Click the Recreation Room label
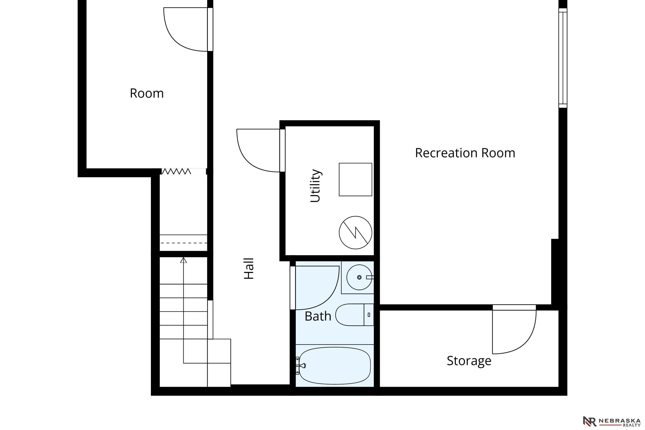coord(465,153)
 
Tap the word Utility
coord(316,186)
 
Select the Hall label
coord(249,269)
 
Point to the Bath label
coord(318,316)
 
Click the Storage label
coord(469,361)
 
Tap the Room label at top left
coord(147,93)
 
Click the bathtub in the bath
coord(335,366)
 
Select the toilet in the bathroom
coord(355,315)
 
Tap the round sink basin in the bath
coord(359,277)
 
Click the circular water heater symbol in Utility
coord(355,232)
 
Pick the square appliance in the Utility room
coord(355,179)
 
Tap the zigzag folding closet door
coord(176,171)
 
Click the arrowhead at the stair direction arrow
coord(183,260)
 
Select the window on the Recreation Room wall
coord(563,58)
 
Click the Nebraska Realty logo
coord(612,421)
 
